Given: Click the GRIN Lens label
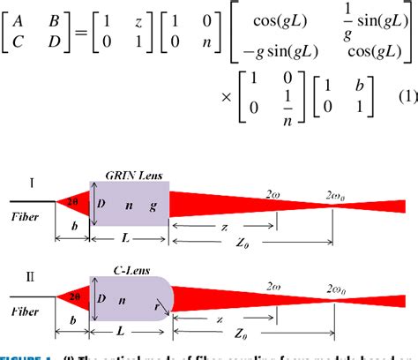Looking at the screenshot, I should coord(130,175).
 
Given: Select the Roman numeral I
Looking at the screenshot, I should coord(32,183).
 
